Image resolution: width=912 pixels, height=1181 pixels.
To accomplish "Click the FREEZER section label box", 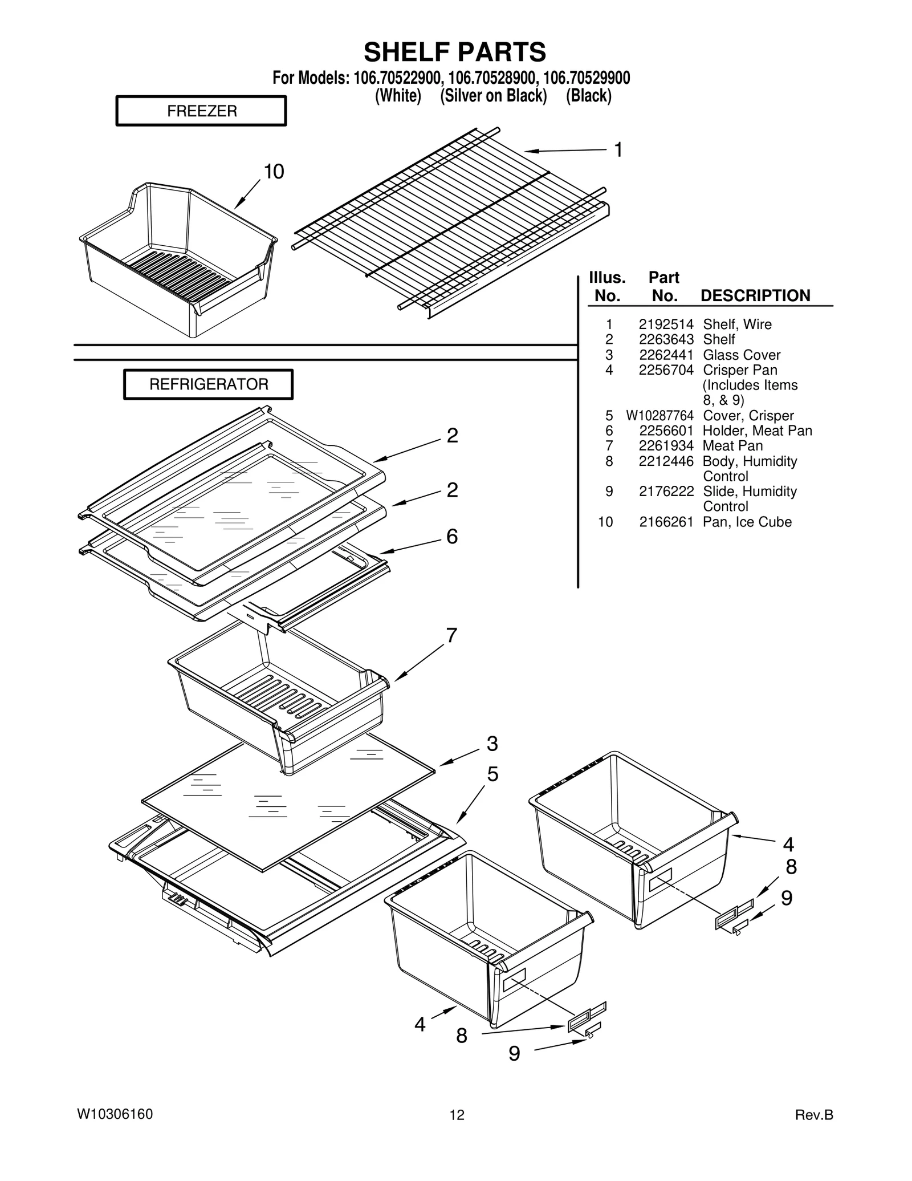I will (x=201, y=111).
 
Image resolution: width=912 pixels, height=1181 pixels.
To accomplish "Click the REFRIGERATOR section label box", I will (x=209, y=384).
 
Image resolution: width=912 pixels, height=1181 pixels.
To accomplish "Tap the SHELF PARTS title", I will (x=455, y=52).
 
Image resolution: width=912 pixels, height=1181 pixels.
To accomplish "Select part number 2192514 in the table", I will (x=666, y=324).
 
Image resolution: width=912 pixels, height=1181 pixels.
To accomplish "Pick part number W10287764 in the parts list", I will (x=659, y=416).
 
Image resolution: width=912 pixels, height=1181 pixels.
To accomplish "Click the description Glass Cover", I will (x=741, y=355).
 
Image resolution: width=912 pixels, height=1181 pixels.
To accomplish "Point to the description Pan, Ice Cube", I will (x=747, y=522).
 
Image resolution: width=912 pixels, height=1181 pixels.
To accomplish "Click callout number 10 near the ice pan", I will (x=274, y=172).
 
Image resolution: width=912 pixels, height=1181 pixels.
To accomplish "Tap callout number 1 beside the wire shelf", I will (x=618, y=150).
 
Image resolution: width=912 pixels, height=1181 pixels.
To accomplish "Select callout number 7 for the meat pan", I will (x=451, y=635).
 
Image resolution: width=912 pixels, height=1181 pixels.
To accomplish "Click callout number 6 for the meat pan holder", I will (x=451, y=537).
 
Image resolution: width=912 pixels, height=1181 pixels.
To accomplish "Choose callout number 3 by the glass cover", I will (x=492, y=744).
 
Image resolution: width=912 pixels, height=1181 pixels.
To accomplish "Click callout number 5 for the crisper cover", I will (x=492, y=774).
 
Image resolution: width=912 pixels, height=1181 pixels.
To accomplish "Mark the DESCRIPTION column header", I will (x=755, y=295).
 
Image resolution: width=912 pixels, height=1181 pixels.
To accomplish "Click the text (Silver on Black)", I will (x=493, y=96).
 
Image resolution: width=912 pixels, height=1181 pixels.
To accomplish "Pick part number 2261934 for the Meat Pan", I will (x=666, y=446).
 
